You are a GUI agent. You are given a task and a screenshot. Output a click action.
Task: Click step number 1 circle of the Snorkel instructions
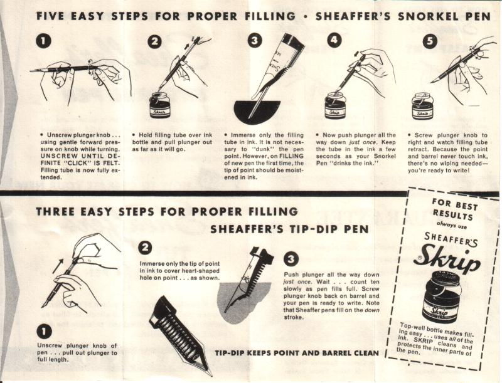pyautogui.click(x=44, y=41)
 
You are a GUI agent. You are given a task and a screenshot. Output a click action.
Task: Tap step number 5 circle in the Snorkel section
pyautogui.click(x=430, y=42)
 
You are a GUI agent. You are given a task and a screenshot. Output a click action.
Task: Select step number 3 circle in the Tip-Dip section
pyautogui.click(x=291, y=259)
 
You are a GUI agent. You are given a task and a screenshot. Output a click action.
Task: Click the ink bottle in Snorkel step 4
pyautogui.click(x=335, y=105)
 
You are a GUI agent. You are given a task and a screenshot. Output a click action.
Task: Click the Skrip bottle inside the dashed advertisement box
pyautogui.click(x=442, y=296)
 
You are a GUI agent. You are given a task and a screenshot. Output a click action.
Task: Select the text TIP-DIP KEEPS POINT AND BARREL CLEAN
pyautogui.click(x=297, y=354)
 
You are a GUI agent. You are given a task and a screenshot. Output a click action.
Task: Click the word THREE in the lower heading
pyautogui.click(x=55, y=212)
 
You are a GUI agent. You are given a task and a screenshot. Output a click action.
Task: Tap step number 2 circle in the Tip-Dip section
pyautogui.click(x=145, y=248)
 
